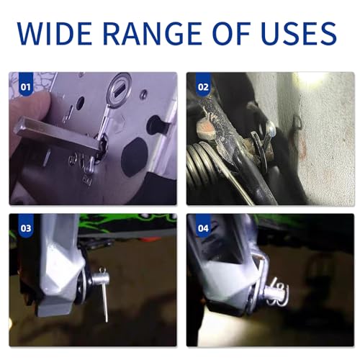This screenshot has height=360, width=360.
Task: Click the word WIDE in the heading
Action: [x=54, y=33]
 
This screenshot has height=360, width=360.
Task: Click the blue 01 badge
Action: [x=26, y=84]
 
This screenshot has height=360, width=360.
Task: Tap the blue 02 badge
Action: [x=203, y=84]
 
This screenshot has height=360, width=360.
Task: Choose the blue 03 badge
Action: [x=26, y=226]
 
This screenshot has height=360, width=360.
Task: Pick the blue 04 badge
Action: [x=203, y=226]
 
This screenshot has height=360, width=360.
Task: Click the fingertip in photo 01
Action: [x=29, y=106]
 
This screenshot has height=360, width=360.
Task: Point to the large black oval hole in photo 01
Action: [x=134, y=157]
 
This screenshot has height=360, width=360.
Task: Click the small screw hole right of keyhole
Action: [x=144, y=94]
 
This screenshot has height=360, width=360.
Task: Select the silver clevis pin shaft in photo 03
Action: [x=99, y=279]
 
